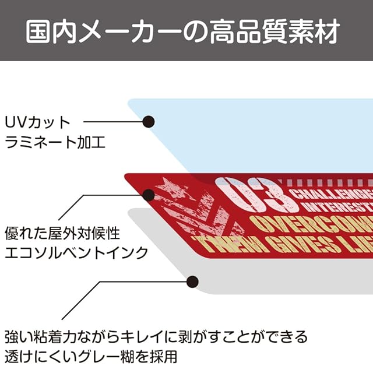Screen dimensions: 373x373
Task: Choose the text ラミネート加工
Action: (x=55, y=142)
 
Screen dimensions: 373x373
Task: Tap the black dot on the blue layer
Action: (x=149, y=122)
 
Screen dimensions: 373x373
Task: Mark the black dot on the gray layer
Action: (x=191, y=281)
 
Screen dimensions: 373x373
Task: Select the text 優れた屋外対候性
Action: (x=62, y=234)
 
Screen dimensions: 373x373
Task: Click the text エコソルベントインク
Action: (x=76, y=254)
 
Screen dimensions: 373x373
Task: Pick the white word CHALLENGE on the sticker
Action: (x=332, y=193)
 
